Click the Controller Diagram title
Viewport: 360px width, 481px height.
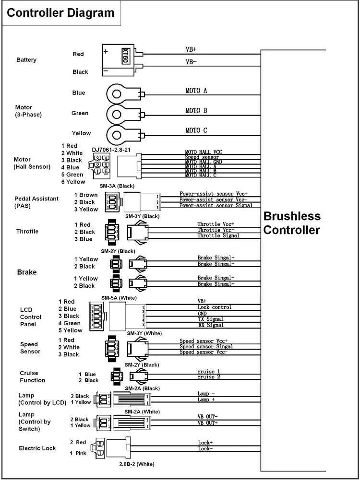point(60,13)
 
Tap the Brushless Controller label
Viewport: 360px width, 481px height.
point(292,223)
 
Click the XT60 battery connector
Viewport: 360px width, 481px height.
point(119,59)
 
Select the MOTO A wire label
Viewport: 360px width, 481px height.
point(196,91)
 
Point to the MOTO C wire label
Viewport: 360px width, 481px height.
point(196,130)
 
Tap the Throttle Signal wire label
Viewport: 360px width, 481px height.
point(218,235)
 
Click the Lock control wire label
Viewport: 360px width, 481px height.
point(214,307)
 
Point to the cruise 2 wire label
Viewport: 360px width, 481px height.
point(209,377)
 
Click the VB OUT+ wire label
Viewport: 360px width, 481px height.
point(207,422)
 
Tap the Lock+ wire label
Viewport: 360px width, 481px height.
point(205,443)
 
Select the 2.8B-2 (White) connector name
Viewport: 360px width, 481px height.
point(137,464)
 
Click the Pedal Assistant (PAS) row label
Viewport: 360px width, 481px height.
point(36,202)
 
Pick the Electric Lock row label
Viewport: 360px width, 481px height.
point(37,448)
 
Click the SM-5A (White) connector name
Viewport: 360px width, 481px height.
point(119,298)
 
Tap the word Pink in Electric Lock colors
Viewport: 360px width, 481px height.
point(81,453)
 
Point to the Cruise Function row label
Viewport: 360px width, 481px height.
point(33,376)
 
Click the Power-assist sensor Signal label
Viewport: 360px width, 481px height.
point(216,205)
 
